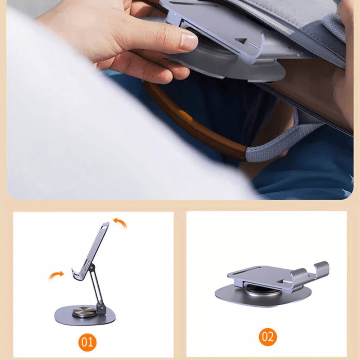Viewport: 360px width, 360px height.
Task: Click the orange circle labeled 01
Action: coord(87,342)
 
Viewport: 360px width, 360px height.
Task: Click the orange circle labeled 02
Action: coord(268,337)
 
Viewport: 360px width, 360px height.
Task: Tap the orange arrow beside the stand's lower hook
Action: coord(56,275)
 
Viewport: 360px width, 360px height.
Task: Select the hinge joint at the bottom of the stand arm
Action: coord(100,308)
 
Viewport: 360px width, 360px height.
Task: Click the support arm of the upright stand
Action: coord(96,287)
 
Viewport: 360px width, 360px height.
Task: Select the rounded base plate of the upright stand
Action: coord(85,315)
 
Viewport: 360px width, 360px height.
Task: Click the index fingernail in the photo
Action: coord(189,41)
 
